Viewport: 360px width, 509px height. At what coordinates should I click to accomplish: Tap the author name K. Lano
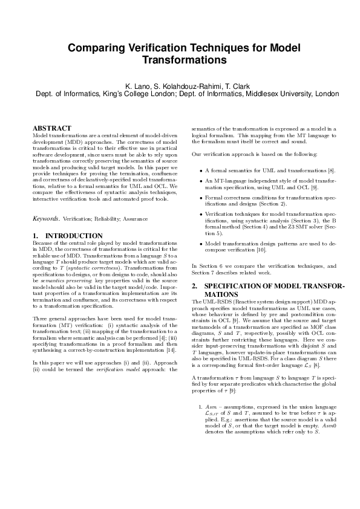click(x=137, y=86)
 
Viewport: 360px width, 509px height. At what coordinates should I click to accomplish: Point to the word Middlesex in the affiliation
click(x=275, y=94)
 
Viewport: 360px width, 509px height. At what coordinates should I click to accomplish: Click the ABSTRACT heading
click(x=51, y=128)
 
